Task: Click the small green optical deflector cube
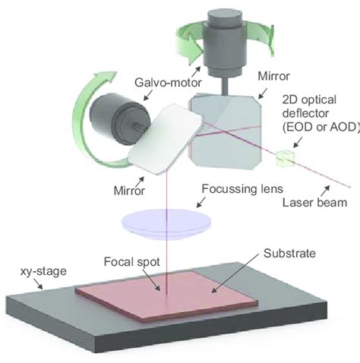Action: click(285, 159)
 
